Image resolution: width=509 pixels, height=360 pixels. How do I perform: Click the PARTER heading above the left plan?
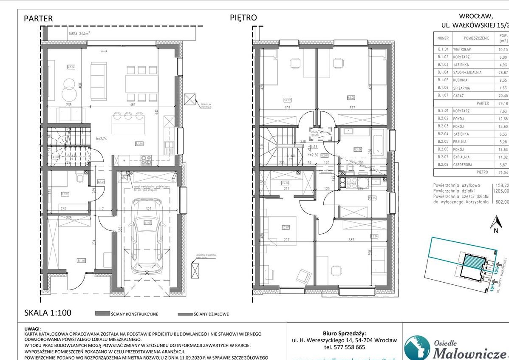pyautogui.click(x=38, y=18)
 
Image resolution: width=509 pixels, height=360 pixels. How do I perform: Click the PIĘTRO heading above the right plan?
pyautogui.click(x=243, y=17)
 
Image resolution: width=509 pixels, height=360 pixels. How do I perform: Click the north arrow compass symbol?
pyautogui.click(x=495, y=223)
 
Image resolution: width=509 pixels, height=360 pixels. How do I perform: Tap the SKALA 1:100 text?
pyautogui.click(x=47, y=313)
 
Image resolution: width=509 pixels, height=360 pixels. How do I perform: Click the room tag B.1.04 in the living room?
pyautogui.click(x=71, y=67)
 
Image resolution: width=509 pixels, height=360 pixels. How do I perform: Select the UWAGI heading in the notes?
pyautogui.click(x=33, y=329)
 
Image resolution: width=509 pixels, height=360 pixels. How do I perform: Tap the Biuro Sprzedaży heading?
pyautogui.click(x=344, y=334)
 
